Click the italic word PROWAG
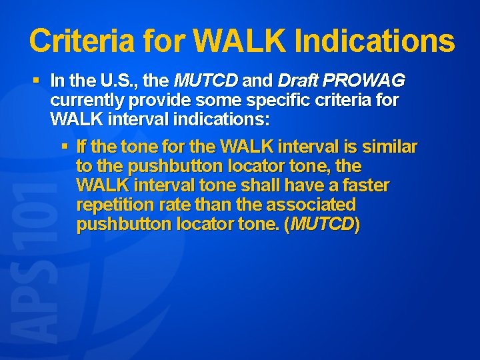point(365,81)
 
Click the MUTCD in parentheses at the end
point(323,225)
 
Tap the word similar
point(389,146)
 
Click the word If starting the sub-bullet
point(82,146)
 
